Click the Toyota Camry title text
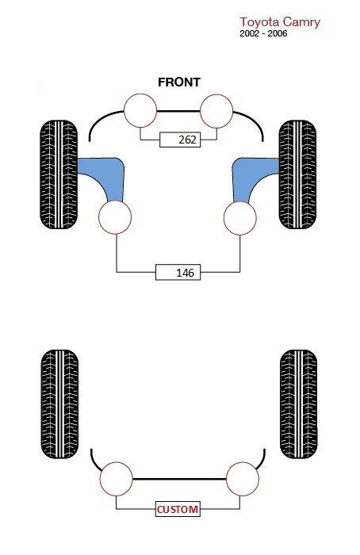click(280, 22)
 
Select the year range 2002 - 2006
click(263, 33)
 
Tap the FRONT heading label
click(179, 82)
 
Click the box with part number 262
click(180, 140)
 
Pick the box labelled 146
click(178, 272)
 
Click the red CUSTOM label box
click(178, 509)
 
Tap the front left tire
click(59, 174)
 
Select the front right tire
click(297, 174)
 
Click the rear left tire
click(59, 404)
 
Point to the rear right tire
click(298, 404)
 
